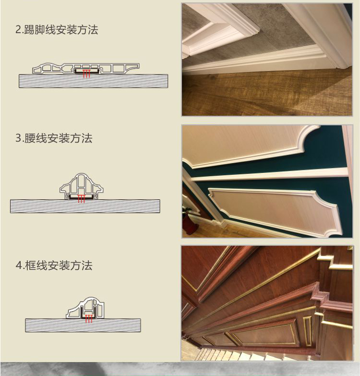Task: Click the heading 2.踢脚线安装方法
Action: tap(57, 30)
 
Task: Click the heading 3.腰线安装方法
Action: tap(54, 138)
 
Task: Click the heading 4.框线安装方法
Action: tap(54, 266)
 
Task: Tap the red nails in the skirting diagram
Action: tap(86, 74)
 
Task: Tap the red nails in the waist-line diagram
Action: tap(82, 199)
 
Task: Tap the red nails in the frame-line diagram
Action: tap(89, 319)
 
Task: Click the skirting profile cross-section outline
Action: tap(86, 68)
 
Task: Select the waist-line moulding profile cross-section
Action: tap(82, 186)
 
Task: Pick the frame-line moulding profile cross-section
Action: tap(85, 308)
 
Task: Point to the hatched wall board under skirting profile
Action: tap(93, 81)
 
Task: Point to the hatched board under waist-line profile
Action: tap(85, 206)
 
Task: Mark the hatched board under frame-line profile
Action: tap(83, 326)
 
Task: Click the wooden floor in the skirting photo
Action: tap(267, 94)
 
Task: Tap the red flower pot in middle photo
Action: tap(190, 223)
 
